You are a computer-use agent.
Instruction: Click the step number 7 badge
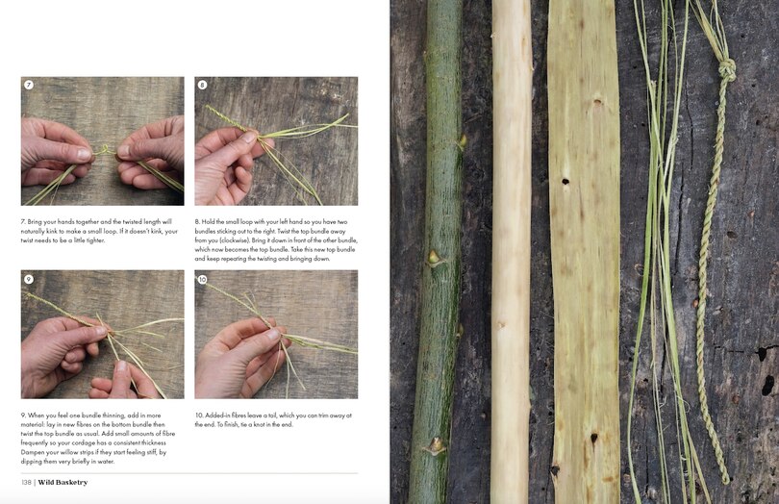(x=29, y=86)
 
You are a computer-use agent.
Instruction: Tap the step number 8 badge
(x=203, y=86)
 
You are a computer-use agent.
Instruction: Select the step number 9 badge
(x=29, y=279)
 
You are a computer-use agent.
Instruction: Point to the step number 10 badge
(x=203, y=279)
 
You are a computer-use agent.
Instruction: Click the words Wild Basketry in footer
(x=63, y=482)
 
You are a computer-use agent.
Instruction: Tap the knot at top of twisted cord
(x=726, y=69)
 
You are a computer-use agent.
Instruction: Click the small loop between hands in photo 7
(x=104, y=150)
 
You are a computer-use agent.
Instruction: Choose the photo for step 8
(x=276, y=140)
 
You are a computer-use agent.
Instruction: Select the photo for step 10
(x=276, y=334)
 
